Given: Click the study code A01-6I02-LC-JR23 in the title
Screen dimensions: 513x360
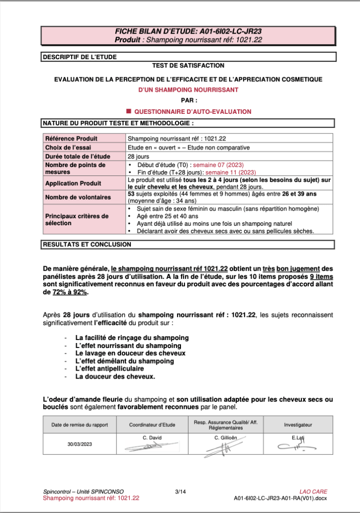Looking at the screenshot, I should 228,32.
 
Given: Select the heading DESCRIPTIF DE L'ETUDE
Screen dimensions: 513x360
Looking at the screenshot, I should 80,57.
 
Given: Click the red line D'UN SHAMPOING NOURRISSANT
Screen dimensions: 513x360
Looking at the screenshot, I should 188,90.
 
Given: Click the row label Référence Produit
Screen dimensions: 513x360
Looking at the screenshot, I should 71,138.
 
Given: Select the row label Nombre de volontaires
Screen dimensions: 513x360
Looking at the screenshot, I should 78,197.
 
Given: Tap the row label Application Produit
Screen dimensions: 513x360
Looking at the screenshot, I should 73,183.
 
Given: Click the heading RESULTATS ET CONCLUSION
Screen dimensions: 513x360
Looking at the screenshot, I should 87,245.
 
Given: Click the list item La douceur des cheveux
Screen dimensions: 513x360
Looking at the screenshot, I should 115,376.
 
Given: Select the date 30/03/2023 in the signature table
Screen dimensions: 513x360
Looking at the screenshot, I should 80,444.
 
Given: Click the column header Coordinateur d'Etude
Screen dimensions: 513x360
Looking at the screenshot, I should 152,425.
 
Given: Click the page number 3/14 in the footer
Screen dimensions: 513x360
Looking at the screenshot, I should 180,492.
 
